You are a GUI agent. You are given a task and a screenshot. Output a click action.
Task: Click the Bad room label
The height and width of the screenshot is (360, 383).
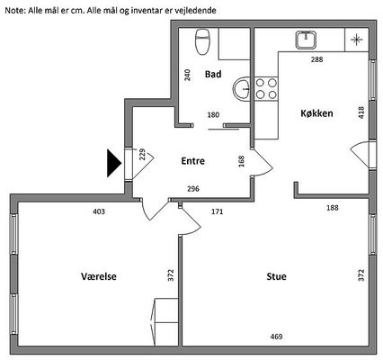pyautogui.click(x=213, y=74)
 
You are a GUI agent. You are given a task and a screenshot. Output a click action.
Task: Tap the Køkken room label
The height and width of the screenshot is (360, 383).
pyautogui.click(x=316, y=113)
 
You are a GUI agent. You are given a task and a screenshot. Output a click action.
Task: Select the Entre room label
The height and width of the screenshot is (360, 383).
pyautogui.click(x=193, y=161)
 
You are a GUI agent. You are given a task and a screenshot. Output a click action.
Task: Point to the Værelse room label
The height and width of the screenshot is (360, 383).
pyautogui.click(x=99, y=276)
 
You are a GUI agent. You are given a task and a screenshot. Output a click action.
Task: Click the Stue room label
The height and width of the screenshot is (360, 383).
pyautogui.click(x=276, y=276)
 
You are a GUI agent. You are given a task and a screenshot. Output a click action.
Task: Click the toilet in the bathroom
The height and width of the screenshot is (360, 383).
pyautogui.click(x=202, y=41)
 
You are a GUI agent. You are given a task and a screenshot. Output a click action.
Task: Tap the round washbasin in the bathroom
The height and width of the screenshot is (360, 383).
pyautogui.click(x=242, y=88)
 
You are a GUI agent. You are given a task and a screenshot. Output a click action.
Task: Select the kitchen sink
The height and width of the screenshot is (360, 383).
pyautogui.click(x=306, y=40)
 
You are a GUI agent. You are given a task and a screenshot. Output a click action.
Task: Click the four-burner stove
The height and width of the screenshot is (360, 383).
pyautogui.click(x=266, y=89)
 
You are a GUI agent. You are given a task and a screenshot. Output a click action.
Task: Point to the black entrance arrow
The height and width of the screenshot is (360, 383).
pyautogui.click(x=114, y=163)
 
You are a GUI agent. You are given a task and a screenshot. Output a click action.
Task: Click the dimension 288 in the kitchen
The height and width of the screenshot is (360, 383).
pyautogui.click(x=316, y=59)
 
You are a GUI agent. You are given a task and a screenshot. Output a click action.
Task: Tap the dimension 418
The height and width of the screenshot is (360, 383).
pyautogui.click(x=361, y=112)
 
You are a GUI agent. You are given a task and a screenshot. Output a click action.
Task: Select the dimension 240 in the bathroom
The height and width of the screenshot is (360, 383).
pyautogui.click(x=187, y=75)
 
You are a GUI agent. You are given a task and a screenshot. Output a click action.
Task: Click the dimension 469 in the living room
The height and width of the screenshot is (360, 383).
pyautogui.click(x=276, y=337)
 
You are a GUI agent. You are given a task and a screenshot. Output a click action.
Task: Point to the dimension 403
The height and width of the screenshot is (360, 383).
pyautogui.click(x=99, y=211)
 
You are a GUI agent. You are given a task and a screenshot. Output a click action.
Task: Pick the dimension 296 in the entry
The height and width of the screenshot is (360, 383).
pyautogui.click(x=193, y=189)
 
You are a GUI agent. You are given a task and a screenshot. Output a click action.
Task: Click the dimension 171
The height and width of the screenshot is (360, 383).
pyautogui.click(x=218, y=211)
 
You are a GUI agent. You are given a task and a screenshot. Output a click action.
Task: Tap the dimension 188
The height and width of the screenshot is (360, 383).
pyautogui.click(x=333, y=208)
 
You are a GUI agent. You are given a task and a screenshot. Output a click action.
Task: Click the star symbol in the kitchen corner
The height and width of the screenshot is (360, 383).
pyautogui.click(x=357, y=40)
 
